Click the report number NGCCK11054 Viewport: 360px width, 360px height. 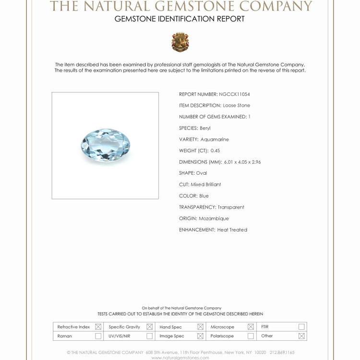coord(234,94)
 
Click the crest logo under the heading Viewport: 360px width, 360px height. coord(180,42)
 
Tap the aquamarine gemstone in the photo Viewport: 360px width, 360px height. coord(106,144)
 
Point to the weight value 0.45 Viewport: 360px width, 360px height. coord(215,151)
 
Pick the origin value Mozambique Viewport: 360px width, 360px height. coord(214,218)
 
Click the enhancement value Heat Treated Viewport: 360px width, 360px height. coord(232,230)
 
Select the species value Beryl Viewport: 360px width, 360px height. coord(205,128)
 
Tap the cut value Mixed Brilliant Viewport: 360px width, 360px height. coord(205,184)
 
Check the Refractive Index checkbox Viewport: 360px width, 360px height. coord(98,327)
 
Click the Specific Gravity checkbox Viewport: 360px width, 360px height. coord(149,327)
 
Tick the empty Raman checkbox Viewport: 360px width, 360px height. coord(98,336)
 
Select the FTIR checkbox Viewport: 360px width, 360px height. coord(301,327)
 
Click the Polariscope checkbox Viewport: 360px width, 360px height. coord(251,336)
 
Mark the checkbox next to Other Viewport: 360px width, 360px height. coord(301,336)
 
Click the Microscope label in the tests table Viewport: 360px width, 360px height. coord(222,327)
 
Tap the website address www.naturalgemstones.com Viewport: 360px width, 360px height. coord(180,358)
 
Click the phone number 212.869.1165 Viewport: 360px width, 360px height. coord(282,352)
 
